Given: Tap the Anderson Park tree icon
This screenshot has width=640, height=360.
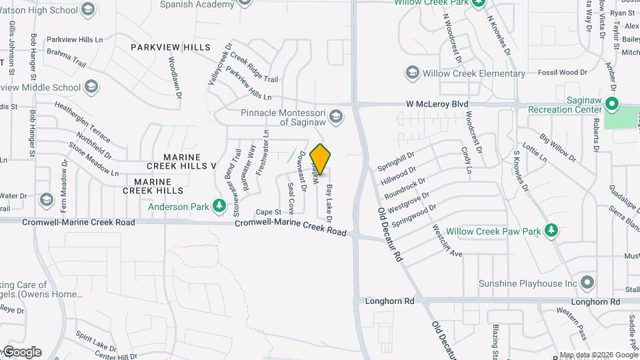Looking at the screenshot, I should pos(219,206).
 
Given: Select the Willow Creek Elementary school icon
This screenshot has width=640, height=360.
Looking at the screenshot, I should pos(412,73).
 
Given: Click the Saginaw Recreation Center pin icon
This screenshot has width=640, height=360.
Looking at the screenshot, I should pos(612,103).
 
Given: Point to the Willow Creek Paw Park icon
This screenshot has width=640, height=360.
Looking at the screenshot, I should pos(551,231).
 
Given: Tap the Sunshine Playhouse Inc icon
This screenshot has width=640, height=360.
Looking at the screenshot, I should pos(587,283).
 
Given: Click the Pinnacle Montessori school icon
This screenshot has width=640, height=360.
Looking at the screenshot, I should pos(336,117).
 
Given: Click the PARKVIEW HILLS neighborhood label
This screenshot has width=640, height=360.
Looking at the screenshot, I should pos(170,47).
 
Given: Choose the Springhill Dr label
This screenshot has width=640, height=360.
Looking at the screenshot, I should pos(396,158).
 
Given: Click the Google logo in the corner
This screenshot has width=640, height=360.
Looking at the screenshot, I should pos(21,352).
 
